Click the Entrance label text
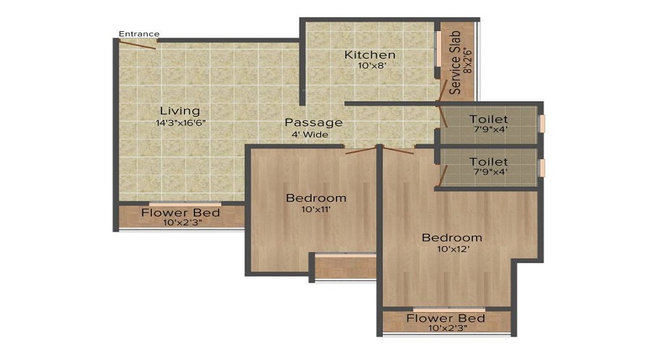(139, 33)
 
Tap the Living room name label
(179, 111)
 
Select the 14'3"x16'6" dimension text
(181, 123)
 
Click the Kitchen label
(370, 55)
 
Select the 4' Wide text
(310, 134)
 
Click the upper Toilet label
(488, 119)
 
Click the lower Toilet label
(488, 161)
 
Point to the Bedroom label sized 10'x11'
(316, 198)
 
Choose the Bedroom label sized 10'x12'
(452, 237)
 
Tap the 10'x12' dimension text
(451, 250)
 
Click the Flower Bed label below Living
(180, 213)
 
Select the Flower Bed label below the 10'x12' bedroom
(446, 319)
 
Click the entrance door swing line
(137, 43)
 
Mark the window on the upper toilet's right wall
(542, 123)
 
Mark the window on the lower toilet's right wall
(542, 167)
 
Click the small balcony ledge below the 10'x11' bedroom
(345, 266)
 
